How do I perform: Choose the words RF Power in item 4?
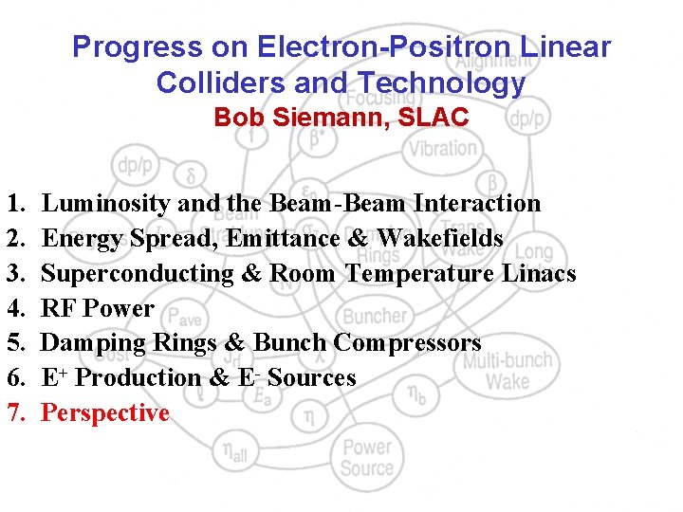point(98,308)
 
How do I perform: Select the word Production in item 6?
point(138,378)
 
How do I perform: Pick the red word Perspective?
point(105,413)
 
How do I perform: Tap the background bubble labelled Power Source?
point(367,457)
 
